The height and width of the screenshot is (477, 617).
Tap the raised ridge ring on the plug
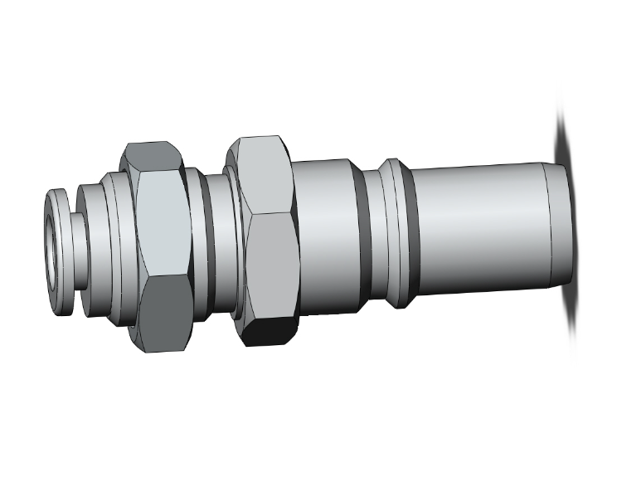[x=390, y=236]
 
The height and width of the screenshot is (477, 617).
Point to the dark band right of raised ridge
[x=407, y=236]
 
